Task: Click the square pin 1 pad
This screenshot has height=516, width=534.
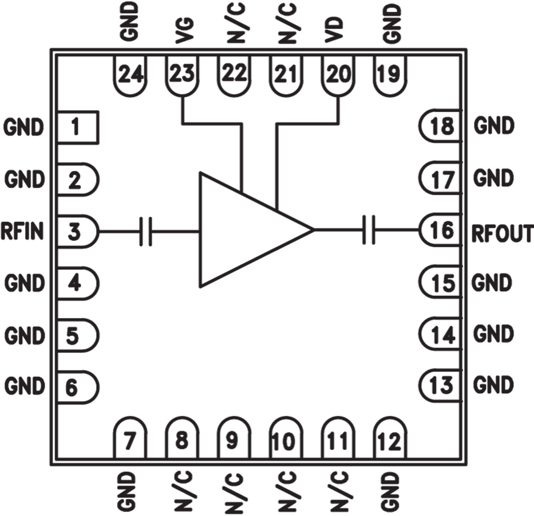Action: pyautogui.click(x=78, y=127)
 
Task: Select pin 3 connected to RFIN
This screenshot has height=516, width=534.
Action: pyautogui.click(x=78, y=231)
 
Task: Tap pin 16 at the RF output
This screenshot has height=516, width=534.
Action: pyautogui.click(x=441, y=230)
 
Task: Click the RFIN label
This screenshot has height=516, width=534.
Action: pyautogui.click(x=22, y=231)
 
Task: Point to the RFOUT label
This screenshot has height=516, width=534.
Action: pyautogui.click(x=503, y=233)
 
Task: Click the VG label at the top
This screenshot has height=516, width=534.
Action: pyautogui.click(x=184, y=31)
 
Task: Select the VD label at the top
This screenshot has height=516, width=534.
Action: pyautogui.click(x=334, y=30)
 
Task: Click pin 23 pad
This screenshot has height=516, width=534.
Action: pyautogui.click(x=182, y=76)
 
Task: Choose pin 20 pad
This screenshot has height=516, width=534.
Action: pyautogui.click(x=338, y=76)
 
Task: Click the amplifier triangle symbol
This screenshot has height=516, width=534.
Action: pyautogui.click(x=256, y=230)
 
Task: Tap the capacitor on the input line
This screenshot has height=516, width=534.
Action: pyautogui.click(x=146, y=231)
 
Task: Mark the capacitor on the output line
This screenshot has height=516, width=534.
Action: pyautogui.click(x=369, y=230)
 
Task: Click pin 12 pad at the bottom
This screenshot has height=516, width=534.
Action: pyautogui.click(x=390, y=437)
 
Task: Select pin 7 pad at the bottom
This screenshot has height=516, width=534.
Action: pyautogui.click(x=130, y=437)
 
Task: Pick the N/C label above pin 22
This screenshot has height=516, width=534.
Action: pyautogui.click(x=236, y=23)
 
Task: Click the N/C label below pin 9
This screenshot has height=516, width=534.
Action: pyautogui.click(x=234, y=493)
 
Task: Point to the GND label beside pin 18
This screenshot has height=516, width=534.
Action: pyautogui.click(x=493, y=126)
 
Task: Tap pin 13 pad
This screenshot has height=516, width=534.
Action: pyautogui.click(x=441, y=385)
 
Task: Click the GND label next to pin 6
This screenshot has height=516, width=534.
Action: pyautogui.click(x=25, y=386)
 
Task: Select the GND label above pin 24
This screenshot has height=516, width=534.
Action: pyautogui.click(x=129, y=22)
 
